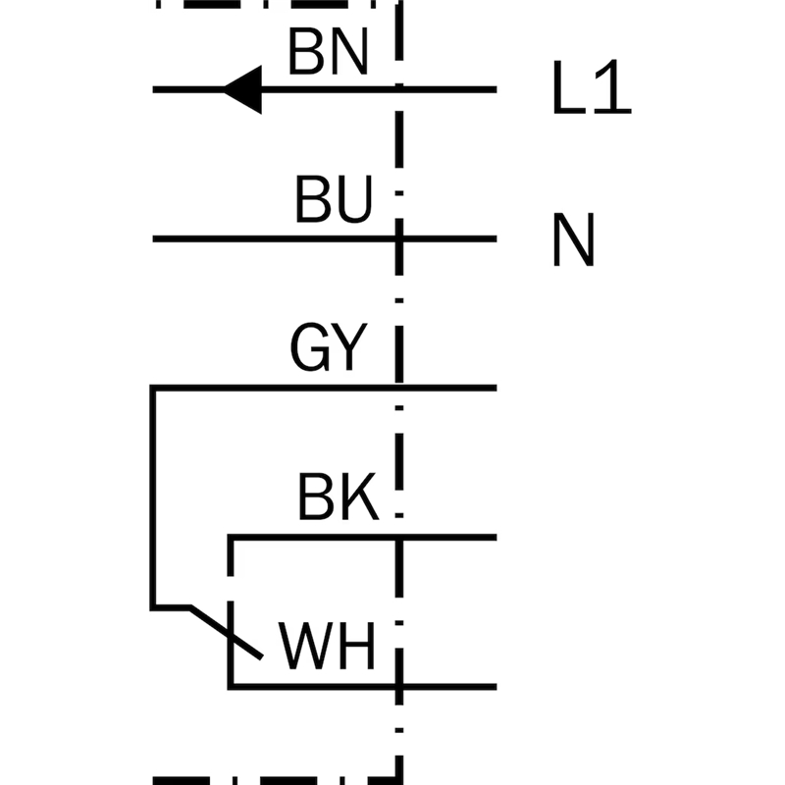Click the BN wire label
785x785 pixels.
coord(328,53)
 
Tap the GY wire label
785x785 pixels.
coord(328,347)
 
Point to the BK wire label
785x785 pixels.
coord(338,499)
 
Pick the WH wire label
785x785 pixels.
coord(328,648)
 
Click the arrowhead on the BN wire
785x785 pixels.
coord(242,90)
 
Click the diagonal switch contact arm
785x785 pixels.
coord(226,632)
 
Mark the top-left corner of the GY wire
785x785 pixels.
coord(152,388)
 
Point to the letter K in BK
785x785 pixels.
coord(359,499)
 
